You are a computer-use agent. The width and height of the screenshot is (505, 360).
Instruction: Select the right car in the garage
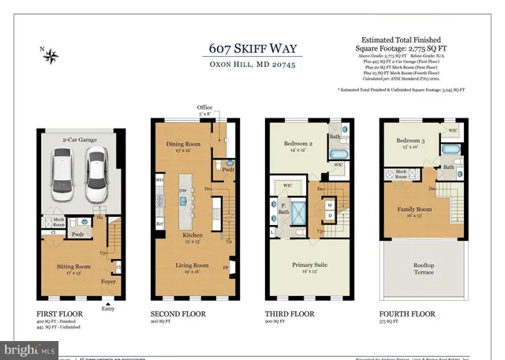pos(95,175)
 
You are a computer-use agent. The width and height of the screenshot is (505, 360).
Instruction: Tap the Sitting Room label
pos(76,268)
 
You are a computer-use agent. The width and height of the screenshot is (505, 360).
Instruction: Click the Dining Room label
pos(184,145)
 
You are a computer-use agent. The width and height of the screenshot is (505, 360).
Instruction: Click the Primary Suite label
pos(309,265)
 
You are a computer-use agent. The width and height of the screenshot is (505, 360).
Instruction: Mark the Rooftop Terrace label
pos(425,268)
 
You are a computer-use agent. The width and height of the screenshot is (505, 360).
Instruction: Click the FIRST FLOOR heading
pos(59,313)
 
